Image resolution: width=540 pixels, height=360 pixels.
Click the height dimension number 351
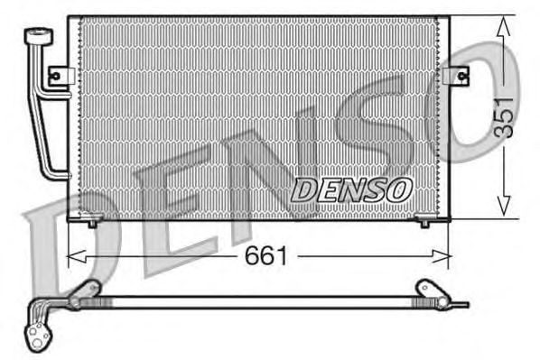503,115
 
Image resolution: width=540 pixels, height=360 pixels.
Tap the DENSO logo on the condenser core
352,189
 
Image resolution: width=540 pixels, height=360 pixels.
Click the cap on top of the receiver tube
37,35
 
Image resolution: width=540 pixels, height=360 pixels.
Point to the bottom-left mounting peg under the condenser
91,221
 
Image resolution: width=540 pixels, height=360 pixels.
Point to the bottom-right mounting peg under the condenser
424,221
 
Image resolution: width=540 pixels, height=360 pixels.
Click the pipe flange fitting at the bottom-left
38,328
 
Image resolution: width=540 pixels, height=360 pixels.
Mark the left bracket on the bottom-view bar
86,291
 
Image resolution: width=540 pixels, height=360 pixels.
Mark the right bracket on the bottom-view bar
424,289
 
